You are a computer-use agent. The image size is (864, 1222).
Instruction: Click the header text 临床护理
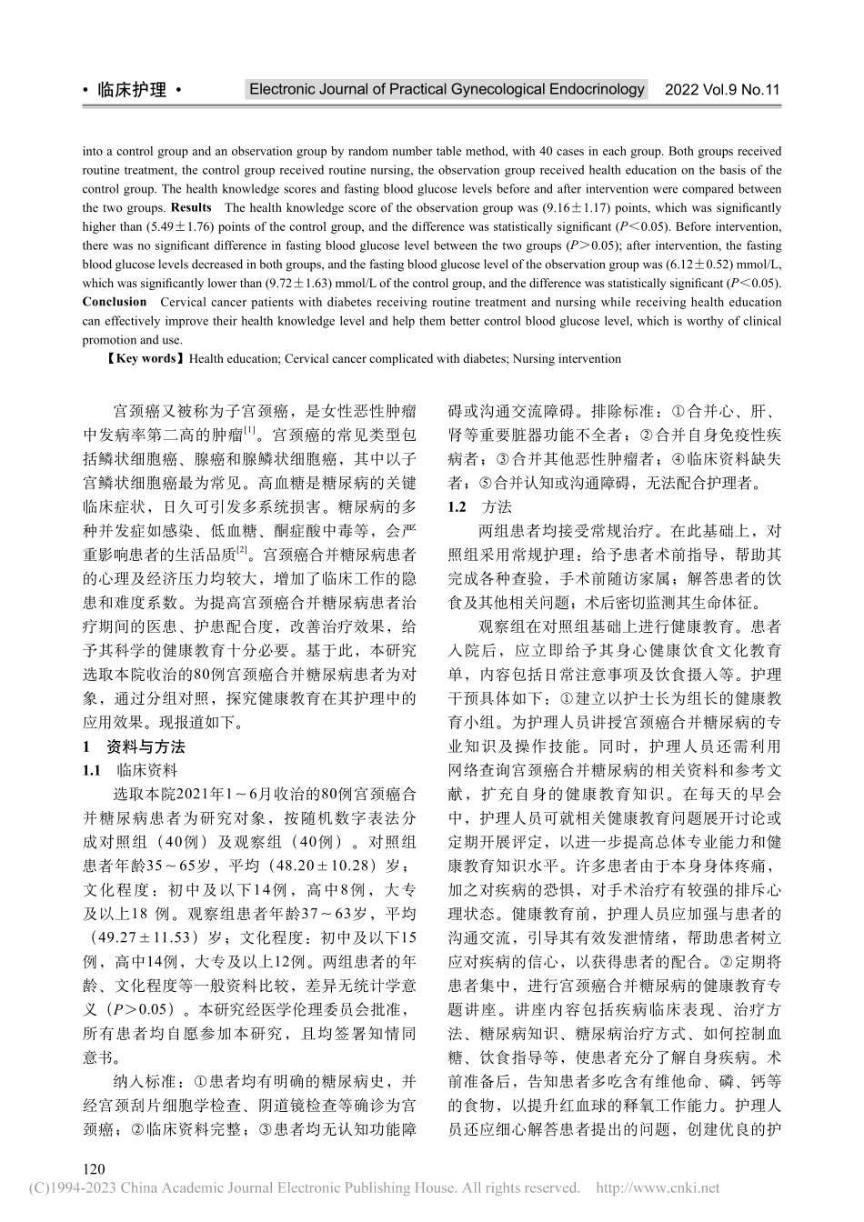click(132, 90)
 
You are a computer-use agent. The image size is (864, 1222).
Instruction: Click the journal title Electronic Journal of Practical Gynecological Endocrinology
click(447, 89)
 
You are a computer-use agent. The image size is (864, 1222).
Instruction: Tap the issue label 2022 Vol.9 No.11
click(722, 90)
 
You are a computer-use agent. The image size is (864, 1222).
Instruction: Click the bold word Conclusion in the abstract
click(114, 302)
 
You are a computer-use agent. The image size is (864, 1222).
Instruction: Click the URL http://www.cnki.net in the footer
click(656, 1187)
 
